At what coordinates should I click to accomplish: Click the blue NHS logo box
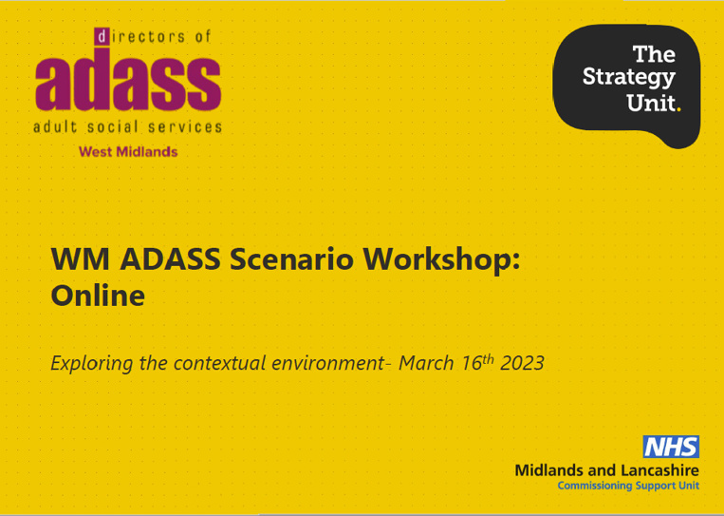click(671, 447)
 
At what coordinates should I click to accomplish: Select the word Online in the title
click(98, 296)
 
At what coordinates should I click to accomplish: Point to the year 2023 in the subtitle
click(522, 363)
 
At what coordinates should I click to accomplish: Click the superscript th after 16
click(489, 359)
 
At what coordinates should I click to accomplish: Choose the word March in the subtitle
click(426, 363)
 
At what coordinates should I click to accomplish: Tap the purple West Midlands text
click(128, 152)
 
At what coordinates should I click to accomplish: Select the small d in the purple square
click(102, 36)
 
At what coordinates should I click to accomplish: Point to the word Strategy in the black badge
click(629, 78)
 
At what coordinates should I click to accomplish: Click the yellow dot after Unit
click(678, 109)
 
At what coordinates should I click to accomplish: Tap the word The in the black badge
click(655, 54)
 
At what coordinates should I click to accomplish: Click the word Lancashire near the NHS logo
click(659, 470)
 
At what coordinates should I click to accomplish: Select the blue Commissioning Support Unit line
click(628, 486)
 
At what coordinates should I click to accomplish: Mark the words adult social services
click(127, 126)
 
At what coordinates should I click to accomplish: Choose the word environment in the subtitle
click(327, 363)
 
